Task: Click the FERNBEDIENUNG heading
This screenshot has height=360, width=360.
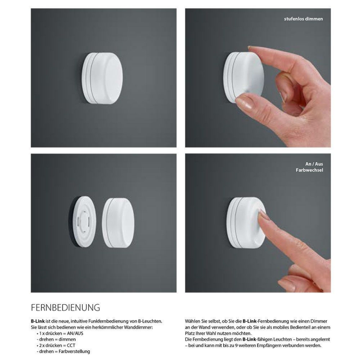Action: point(65,307)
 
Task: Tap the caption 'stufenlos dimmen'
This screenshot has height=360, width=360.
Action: point(303,19)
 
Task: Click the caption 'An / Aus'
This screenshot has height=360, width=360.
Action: point(314,164)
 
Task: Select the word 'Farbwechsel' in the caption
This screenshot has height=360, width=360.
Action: point(309,170)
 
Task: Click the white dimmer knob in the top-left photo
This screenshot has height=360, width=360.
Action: point(102,78)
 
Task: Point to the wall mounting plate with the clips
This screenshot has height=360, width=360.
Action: point(83,221)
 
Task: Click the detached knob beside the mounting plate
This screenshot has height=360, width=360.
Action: point(118,223)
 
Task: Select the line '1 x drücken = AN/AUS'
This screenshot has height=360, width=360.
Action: point(60,333)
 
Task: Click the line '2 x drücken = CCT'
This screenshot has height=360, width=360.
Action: point(56,345)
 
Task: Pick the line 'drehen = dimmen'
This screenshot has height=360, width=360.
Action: point(56,339)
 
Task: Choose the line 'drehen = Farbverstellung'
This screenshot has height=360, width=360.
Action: point(63,351)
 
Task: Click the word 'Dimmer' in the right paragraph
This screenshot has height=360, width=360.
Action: point(319,321)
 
